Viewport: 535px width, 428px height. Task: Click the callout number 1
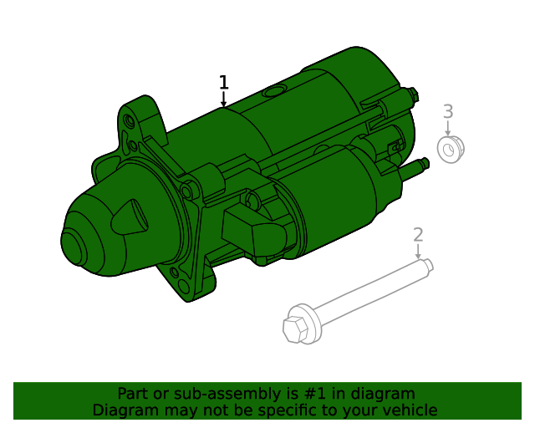pos(223,82)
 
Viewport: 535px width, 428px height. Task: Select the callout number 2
pos(418,235)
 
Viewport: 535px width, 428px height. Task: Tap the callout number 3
pos(448,111)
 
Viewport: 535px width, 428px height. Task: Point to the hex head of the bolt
pos(296,327)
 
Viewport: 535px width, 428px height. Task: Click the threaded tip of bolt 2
pos(428,265)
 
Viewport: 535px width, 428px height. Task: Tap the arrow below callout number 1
pos(223,100)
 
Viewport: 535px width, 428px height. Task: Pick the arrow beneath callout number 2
pos(418,252)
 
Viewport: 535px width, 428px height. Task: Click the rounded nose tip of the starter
pos(71,246)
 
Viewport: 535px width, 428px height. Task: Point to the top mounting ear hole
pos(129,122)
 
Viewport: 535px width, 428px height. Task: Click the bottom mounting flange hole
pos(174,273)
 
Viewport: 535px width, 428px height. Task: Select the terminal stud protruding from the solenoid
pos(420,164)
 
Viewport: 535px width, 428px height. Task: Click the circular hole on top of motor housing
pos(273,92)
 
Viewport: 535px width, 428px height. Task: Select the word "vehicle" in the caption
pos(409,410)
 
